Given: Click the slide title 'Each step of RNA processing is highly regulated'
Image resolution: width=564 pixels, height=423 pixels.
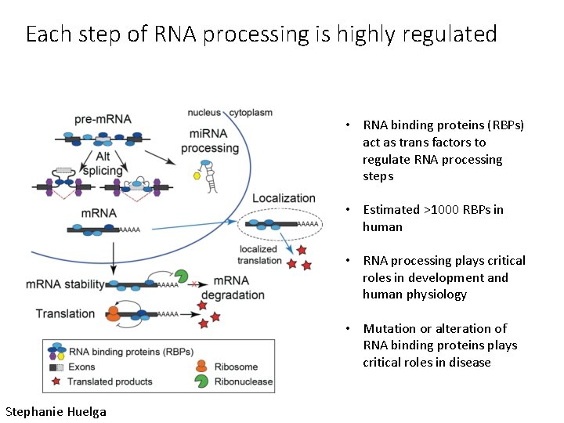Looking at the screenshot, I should pos(261,34).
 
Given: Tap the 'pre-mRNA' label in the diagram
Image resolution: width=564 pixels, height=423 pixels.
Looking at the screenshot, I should pos(103,120).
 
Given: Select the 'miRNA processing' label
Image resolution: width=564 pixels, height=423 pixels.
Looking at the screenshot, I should pos(210,142).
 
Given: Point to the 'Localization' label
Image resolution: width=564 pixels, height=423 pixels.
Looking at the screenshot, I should pos(284,198).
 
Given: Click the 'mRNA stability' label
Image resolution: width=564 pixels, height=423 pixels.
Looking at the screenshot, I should pos(65,284).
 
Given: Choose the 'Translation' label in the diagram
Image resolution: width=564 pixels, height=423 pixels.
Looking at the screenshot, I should pos(65,313).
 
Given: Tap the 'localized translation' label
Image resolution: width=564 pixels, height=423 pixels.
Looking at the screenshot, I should pos(260,255).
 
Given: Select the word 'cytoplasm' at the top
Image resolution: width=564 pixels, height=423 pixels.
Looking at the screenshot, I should pos(249,113).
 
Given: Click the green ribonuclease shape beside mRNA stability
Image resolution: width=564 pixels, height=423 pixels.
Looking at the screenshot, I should pos(181,277).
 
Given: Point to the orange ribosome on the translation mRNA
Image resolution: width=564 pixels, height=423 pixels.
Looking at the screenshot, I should pos(114,314).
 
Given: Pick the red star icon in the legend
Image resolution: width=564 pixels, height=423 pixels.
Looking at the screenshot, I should pos(56,381).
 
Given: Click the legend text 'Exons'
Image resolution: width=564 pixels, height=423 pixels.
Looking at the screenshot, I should pos(82,367).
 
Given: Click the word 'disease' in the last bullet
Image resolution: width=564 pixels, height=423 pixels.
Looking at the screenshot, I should pos(468,363).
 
